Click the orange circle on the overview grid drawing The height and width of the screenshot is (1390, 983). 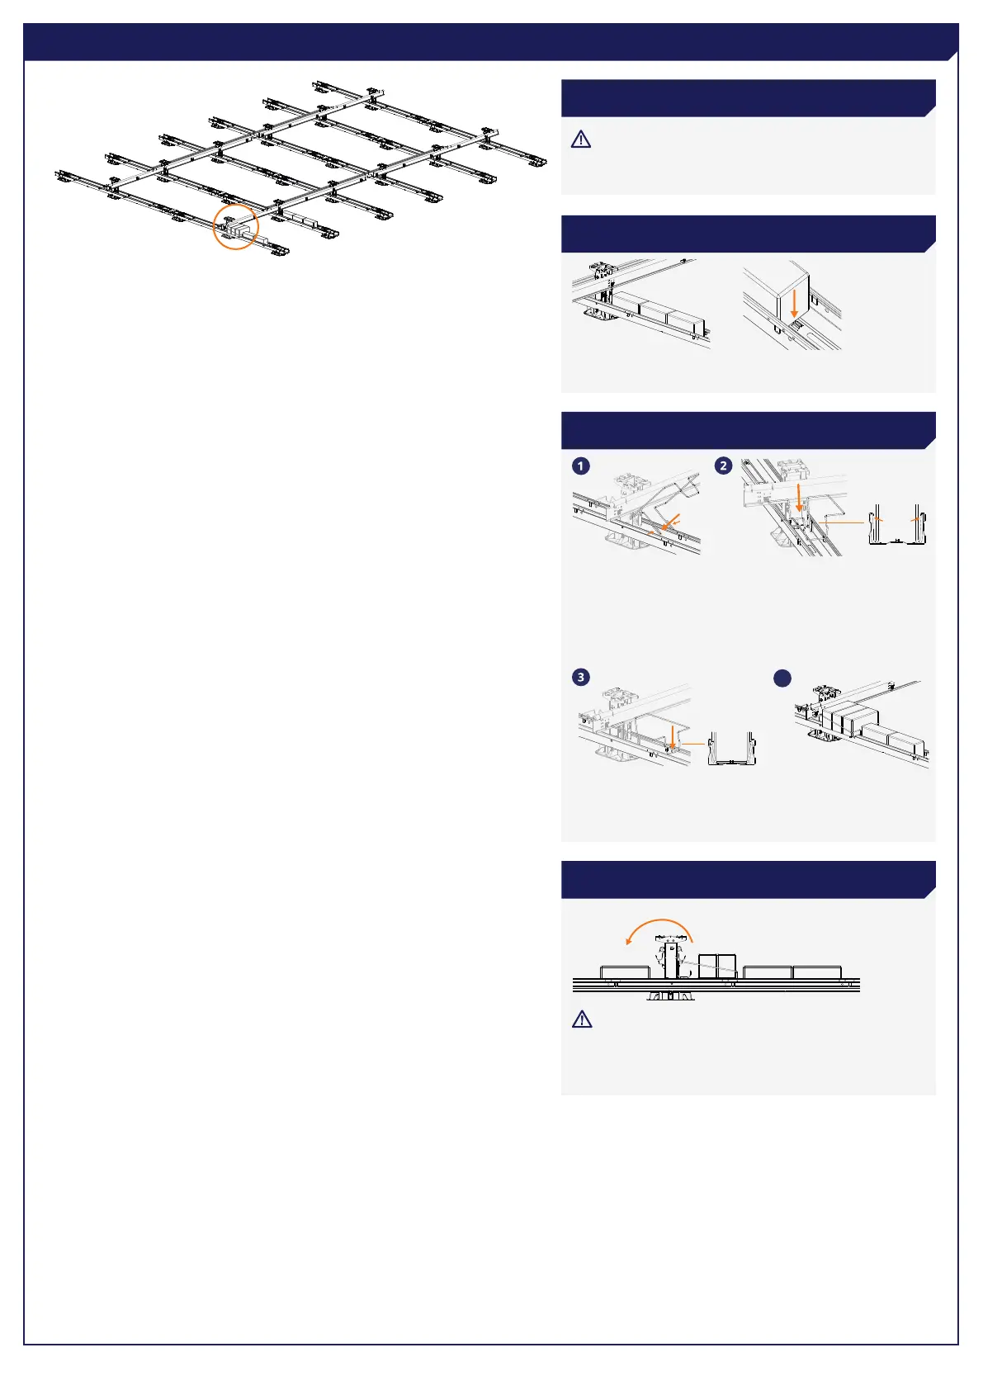214,228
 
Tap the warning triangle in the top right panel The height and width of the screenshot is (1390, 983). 581,139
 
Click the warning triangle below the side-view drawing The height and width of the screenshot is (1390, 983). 582,1019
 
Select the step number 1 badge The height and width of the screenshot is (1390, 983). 581,466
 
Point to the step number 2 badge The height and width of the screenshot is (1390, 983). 724,466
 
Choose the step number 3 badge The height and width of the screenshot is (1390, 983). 581,677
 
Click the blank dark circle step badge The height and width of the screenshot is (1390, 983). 782,678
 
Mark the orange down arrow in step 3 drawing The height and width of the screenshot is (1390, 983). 673,735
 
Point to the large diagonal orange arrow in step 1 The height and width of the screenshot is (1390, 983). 670,522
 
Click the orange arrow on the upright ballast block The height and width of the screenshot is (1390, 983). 794,305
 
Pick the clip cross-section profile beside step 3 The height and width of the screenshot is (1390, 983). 732,749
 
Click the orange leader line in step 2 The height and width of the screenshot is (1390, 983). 845,522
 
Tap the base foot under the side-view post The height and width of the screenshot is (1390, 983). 671,995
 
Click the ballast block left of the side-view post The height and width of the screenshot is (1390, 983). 625,972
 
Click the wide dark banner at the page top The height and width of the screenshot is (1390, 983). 491,41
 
